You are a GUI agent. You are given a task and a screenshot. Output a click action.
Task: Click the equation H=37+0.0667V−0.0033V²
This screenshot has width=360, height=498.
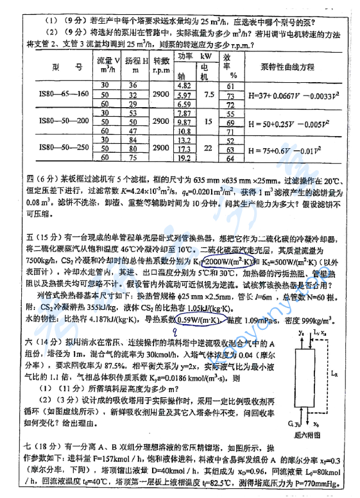coord(292,95)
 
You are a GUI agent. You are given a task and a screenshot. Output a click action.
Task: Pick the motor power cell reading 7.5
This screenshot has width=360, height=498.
coord(209,94)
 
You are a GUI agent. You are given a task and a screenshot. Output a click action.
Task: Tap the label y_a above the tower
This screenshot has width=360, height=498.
coord(301,334)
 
